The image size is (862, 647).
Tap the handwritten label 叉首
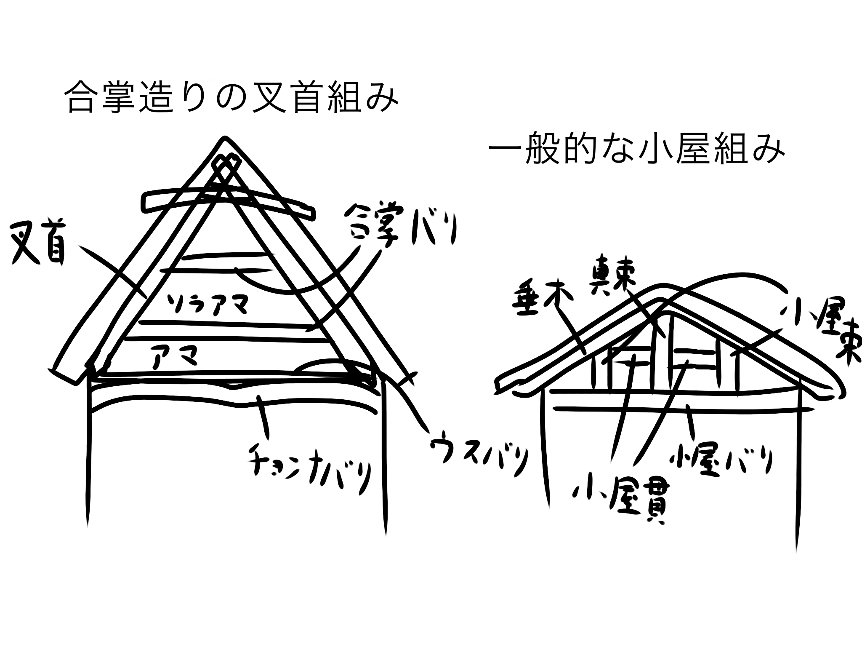pyautogui.click(x=39, y=245)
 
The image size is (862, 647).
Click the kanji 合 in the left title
pyautogui.click(x=81, y=98)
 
